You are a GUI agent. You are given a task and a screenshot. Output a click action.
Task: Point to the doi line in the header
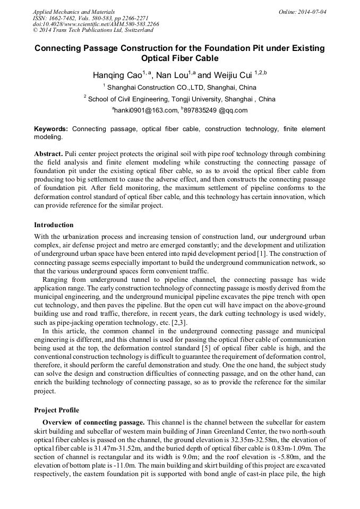pyautogui.click(x=96, y=24)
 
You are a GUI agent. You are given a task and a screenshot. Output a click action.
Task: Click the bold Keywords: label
pyautogui.click(x=51, y=129)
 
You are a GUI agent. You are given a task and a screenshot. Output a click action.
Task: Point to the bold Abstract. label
pyautogui.click(x=48, y=153)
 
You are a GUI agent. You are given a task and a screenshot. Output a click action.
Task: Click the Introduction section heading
pyautogui.click(x=54, y=225)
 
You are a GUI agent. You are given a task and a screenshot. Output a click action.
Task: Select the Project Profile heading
pyautogui.click(x=56, y=410)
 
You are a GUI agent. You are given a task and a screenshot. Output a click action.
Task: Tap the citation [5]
pyautogui.click(x=203, y=349)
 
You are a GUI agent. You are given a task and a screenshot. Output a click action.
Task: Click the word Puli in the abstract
pyautogui.click(x=73, y=153)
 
